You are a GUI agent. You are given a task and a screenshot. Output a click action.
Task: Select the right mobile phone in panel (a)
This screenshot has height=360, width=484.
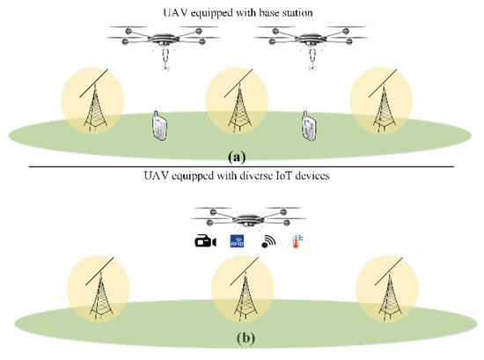tap(310, 125)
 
